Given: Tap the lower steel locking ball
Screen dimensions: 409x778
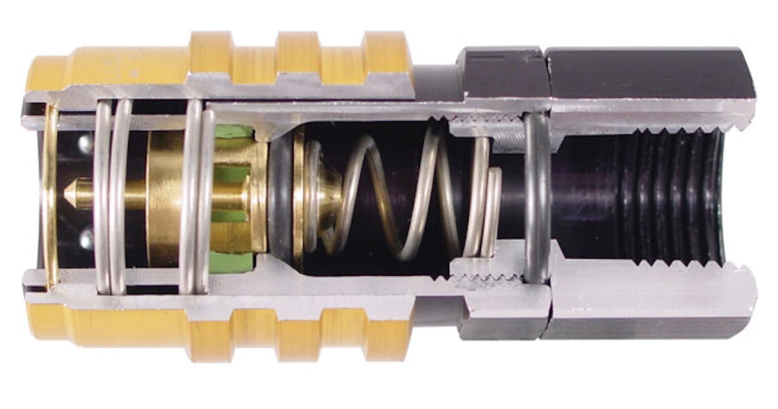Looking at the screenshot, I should [85, 241].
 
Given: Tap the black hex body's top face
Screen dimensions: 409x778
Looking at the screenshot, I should [648, 65].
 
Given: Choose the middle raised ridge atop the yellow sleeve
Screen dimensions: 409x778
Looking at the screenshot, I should [298, 49].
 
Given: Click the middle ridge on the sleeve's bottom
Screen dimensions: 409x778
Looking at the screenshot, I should [298, 338].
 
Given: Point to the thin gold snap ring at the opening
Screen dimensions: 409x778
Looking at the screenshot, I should [50, 195].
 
